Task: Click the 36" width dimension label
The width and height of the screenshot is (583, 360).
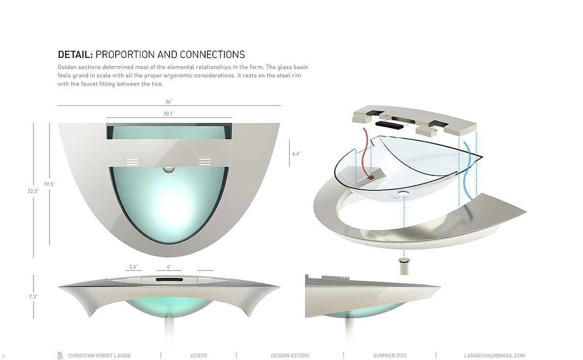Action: point(169,102)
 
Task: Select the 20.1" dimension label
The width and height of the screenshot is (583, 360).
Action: point(169,113)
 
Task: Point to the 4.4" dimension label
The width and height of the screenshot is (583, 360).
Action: point(296,154)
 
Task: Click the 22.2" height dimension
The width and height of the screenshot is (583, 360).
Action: point(33,191)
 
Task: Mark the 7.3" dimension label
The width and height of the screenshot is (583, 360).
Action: point(33,296)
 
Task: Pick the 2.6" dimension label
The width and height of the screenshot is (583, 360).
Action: point(134,267)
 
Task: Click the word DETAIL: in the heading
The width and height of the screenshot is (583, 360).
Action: point(75,54)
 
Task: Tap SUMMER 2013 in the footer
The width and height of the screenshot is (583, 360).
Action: point(390,356)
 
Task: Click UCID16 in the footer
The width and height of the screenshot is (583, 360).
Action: point(199,356)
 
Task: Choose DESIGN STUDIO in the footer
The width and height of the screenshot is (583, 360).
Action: point(290,356)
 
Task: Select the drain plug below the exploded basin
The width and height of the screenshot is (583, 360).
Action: point(404,266)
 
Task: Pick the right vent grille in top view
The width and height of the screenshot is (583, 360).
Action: point(205,162)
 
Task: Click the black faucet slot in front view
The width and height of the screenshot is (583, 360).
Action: point(169,280)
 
